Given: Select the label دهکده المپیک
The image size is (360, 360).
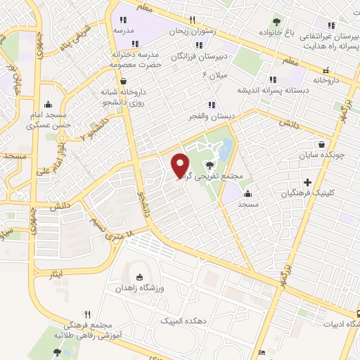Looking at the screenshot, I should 180,321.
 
